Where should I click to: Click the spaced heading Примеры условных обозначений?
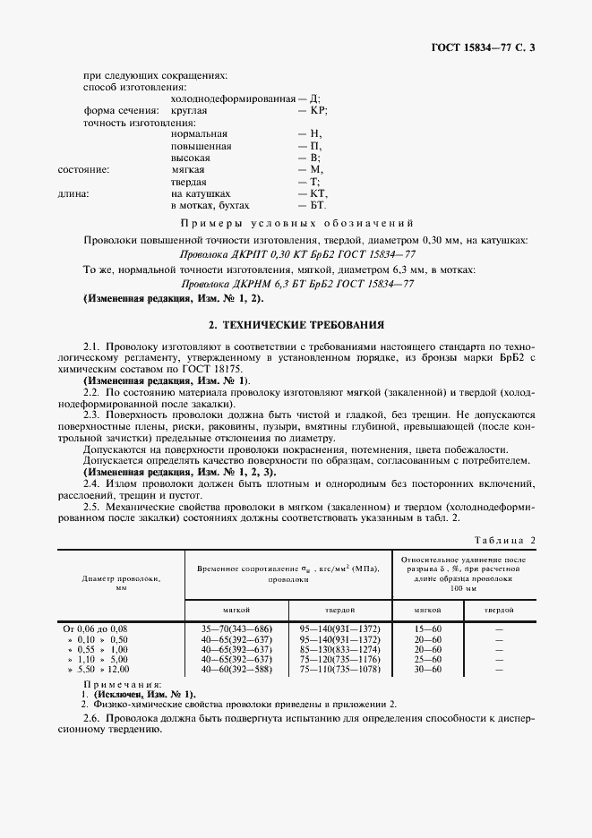[x=296, y=223]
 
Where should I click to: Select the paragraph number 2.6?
[x=91, y=720]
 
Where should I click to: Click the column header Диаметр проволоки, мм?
[x=120, y=582]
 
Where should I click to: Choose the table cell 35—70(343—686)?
[x=237, y=630]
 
